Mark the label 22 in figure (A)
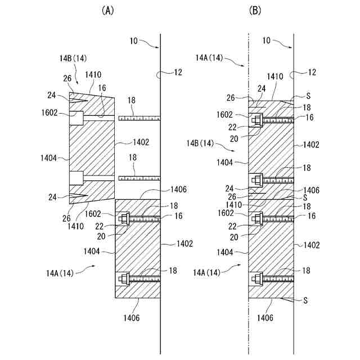tap(101, 226)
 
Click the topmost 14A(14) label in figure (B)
tap(209, 57)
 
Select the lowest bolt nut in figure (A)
tap(123, 278)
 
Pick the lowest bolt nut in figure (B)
tap(257, 278)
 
